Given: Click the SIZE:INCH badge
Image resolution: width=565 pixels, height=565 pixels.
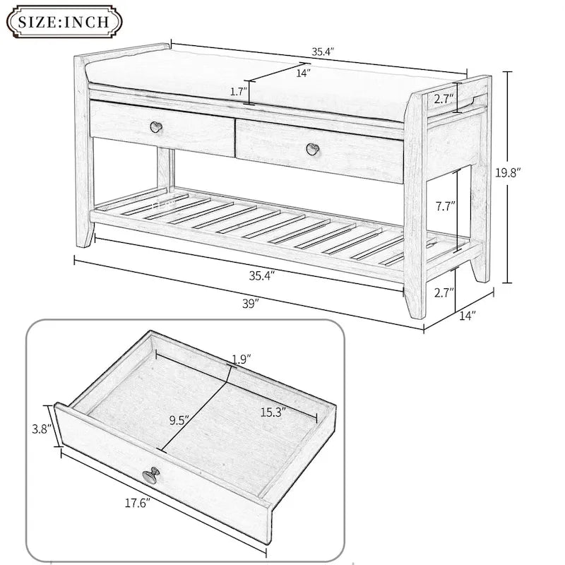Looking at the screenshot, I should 64,21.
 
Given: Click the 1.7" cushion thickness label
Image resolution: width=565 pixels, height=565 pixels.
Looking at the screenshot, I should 239,92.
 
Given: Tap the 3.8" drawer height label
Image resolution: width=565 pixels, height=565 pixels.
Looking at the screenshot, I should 41,427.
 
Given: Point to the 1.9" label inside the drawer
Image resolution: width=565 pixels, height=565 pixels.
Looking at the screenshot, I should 241,359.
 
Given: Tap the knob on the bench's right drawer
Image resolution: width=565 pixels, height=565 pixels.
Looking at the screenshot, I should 311,148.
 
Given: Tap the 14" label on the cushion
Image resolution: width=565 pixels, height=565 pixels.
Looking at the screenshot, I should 302,72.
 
